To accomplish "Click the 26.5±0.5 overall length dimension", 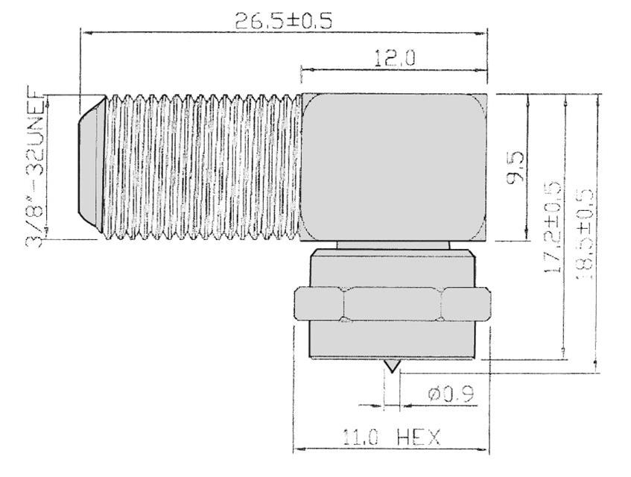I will point(283,20).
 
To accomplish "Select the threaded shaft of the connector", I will point(201,168).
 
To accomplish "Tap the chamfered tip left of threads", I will point(89,164).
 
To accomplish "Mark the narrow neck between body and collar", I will point(393,246).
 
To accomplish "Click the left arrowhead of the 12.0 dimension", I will point(304,71).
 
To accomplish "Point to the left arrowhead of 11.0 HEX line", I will point(297,449).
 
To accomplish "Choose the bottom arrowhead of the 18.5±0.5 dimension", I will point(595,365).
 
